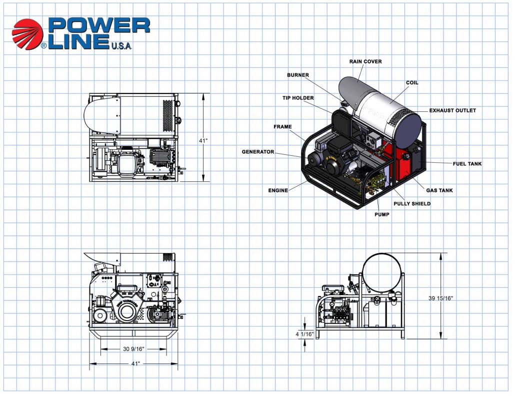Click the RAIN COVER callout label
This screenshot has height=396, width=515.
click(365, 61)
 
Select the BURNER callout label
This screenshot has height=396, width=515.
click(297, 75)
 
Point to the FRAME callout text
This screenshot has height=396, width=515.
click(282, 127)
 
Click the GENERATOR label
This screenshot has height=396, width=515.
click(257, 152)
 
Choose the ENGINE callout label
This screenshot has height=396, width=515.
click(278, 190)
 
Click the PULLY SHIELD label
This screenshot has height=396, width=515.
click(411, 204)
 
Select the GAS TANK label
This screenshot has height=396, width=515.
click(439, 190)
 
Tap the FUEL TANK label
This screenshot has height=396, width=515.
click(467, 164)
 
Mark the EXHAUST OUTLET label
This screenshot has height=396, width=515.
click(452, 110)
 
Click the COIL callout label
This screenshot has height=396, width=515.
click(412, 83)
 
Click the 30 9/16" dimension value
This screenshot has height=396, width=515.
click(133, 349)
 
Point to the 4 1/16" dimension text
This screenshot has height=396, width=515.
click(305, 334)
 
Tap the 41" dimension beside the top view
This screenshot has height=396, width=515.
click(203, 141)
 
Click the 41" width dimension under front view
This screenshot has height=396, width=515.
click(135, 364)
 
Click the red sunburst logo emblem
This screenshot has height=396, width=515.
click(27, 34)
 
